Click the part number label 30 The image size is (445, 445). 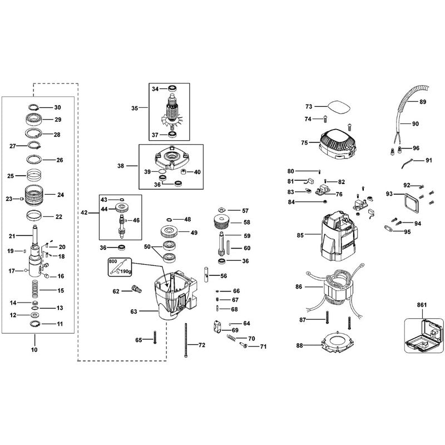57,107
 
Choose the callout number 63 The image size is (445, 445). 133,312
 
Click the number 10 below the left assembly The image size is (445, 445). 34,350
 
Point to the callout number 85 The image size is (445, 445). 300,235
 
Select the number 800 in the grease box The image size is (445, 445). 113,261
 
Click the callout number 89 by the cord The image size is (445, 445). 423,102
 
